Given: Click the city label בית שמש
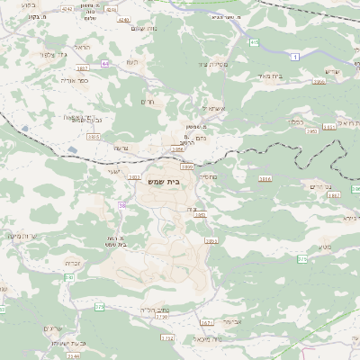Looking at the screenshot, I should (185, 181).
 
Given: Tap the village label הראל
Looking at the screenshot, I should (83, 46).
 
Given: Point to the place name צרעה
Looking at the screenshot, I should (122, 148).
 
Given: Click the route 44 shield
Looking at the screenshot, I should (105, 64).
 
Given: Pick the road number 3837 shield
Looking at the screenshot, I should (83, 67).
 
